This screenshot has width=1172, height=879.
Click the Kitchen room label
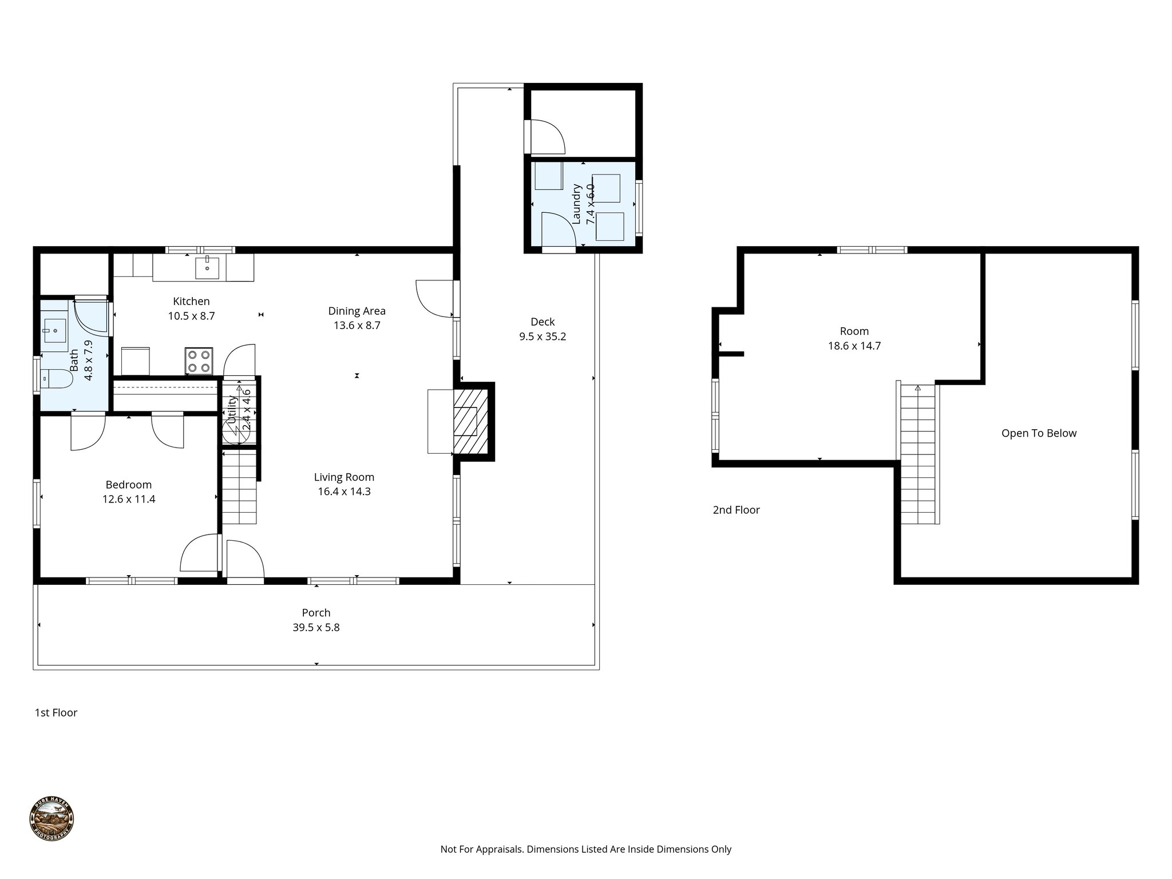point(191,301)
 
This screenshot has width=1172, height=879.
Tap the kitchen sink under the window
point(207,267)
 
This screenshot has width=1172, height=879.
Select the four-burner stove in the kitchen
point(199,361)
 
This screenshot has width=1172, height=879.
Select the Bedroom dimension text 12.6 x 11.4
point(129,499)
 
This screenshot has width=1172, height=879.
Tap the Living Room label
point(344,477)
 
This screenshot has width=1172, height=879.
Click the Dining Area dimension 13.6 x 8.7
point(357,326)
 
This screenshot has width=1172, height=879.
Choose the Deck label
point(543,322)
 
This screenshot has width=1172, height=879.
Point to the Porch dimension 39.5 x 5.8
point(316,627)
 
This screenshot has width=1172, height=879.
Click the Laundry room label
point(577,204)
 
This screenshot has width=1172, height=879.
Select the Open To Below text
point(1039,433)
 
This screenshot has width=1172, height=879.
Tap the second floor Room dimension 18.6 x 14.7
point(854,346)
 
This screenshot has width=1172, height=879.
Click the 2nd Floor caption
point(736,510)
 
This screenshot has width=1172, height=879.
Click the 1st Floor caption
point(56,712)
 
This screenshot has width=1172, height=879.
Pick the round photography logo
point(52,819)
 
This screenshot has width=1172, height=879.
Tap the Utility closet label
point(232,409)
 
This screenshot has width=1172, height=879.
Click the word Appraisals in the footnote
point(501,849)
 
